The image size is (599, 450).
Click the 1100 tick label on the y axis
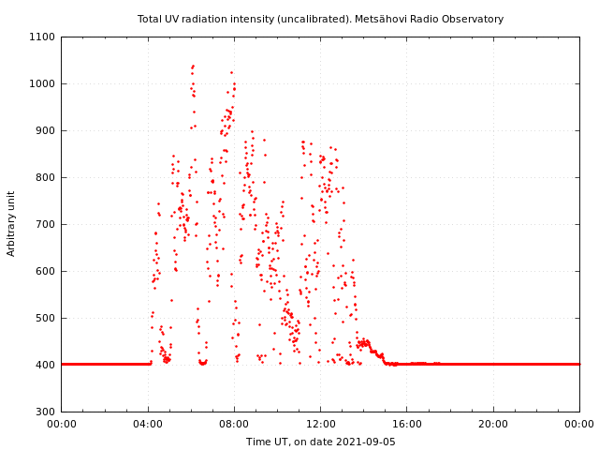click(x=43, y=37)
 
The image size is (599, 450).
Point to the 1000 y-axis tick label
click(x=43, y=83)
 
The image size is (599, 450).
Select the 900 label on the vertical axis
click(x=46, y=130)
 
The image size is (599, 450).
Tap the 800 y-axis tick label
click(x=46, y=177)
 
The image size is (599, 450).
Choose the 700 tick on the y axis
click(x=46, y=224)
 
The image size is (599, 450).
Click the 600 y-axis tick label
click(x=46, y=271)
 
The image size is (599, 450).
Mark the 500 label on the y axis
click(x=46, y=318)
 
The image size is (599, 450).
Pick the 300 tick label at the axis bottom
click(x=46, y=412)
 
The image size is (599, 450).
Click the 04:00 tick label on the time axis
click(x=148, y=424)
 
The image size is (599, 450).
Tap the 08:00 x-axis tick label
click(x=234, y=424)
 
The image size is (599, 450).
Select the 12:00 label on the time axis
click(x=320, y=424)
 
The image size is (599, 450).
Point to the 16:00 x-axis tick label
click(x=407, y=424)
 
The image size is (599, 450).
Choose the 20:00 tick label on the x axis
click(x=493, y=424)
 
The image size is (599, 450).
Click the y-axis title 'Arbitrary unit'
click(x=11, y=223)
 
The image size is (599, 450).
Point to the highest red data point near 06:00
click(x=193, y=66)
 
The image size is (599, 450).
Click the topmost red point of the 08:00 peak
click(x=231, y=72)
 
